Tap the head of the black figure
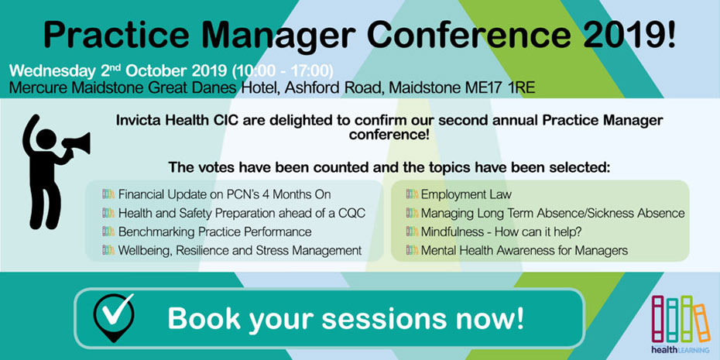46,139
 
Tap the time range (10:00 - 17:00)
282,72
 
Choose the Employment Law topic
466,194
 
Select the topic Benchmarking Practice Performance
215,232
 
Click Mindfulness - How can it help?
502,232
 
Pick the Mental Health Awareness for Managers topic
524,251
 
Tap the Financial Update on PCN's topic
225,194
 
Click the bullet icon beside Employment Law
413,194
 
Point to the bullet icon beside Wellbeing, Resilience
108,250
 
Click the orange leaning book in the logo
701,322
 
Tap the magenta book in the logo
657,319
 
